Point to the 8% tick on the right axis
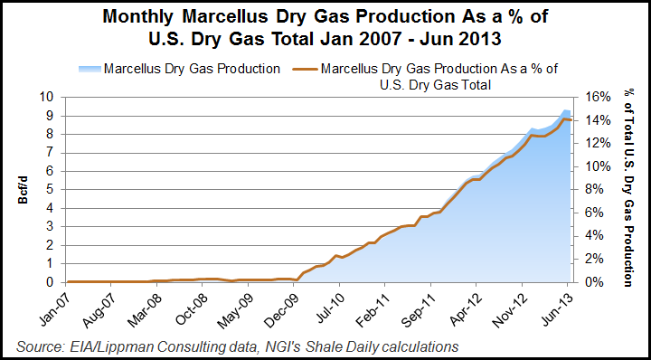[586, 189]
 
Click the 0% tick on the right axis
[586, 282]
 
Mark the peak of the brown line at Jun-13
[564, 118]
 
